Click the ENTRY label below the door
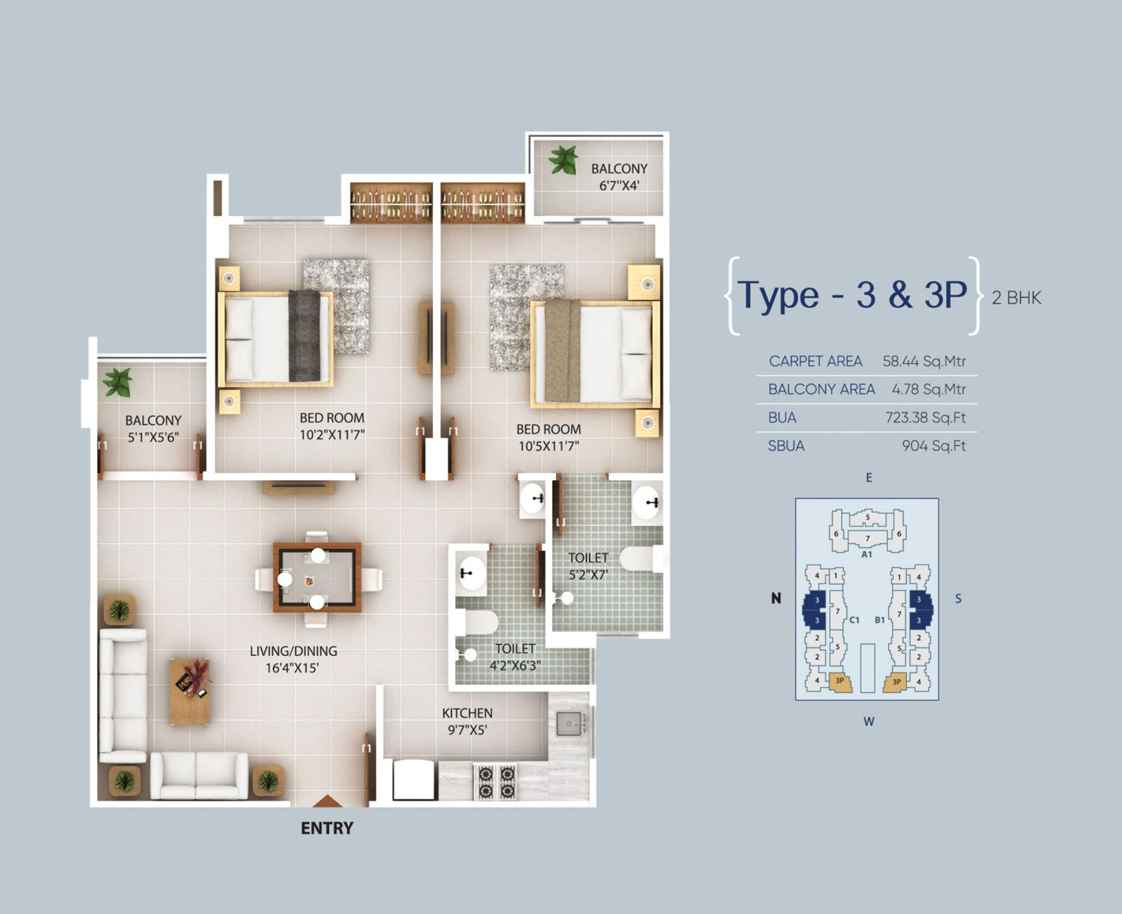327,828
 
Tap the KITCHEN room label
467,713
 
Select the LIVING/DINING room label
294,651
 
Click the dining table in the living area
317,577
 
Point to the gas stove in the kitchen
496,781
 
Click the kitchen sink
568,723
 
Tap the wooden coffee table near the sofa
190,691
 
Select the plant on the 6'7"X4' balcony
563,160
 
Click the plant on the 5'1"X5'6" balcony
118,381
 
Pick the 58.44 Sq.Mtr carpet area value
924,361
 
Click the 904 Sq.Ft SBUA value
934,445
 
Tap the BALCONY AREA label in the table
822,389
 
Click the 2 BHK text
1016,298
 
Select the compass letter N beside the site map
776,599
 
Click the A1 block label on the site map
866,554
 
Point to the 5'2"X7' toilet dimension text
588,575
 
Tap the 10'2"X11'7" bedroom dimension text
332,435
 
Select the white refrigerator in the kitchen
414,780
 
